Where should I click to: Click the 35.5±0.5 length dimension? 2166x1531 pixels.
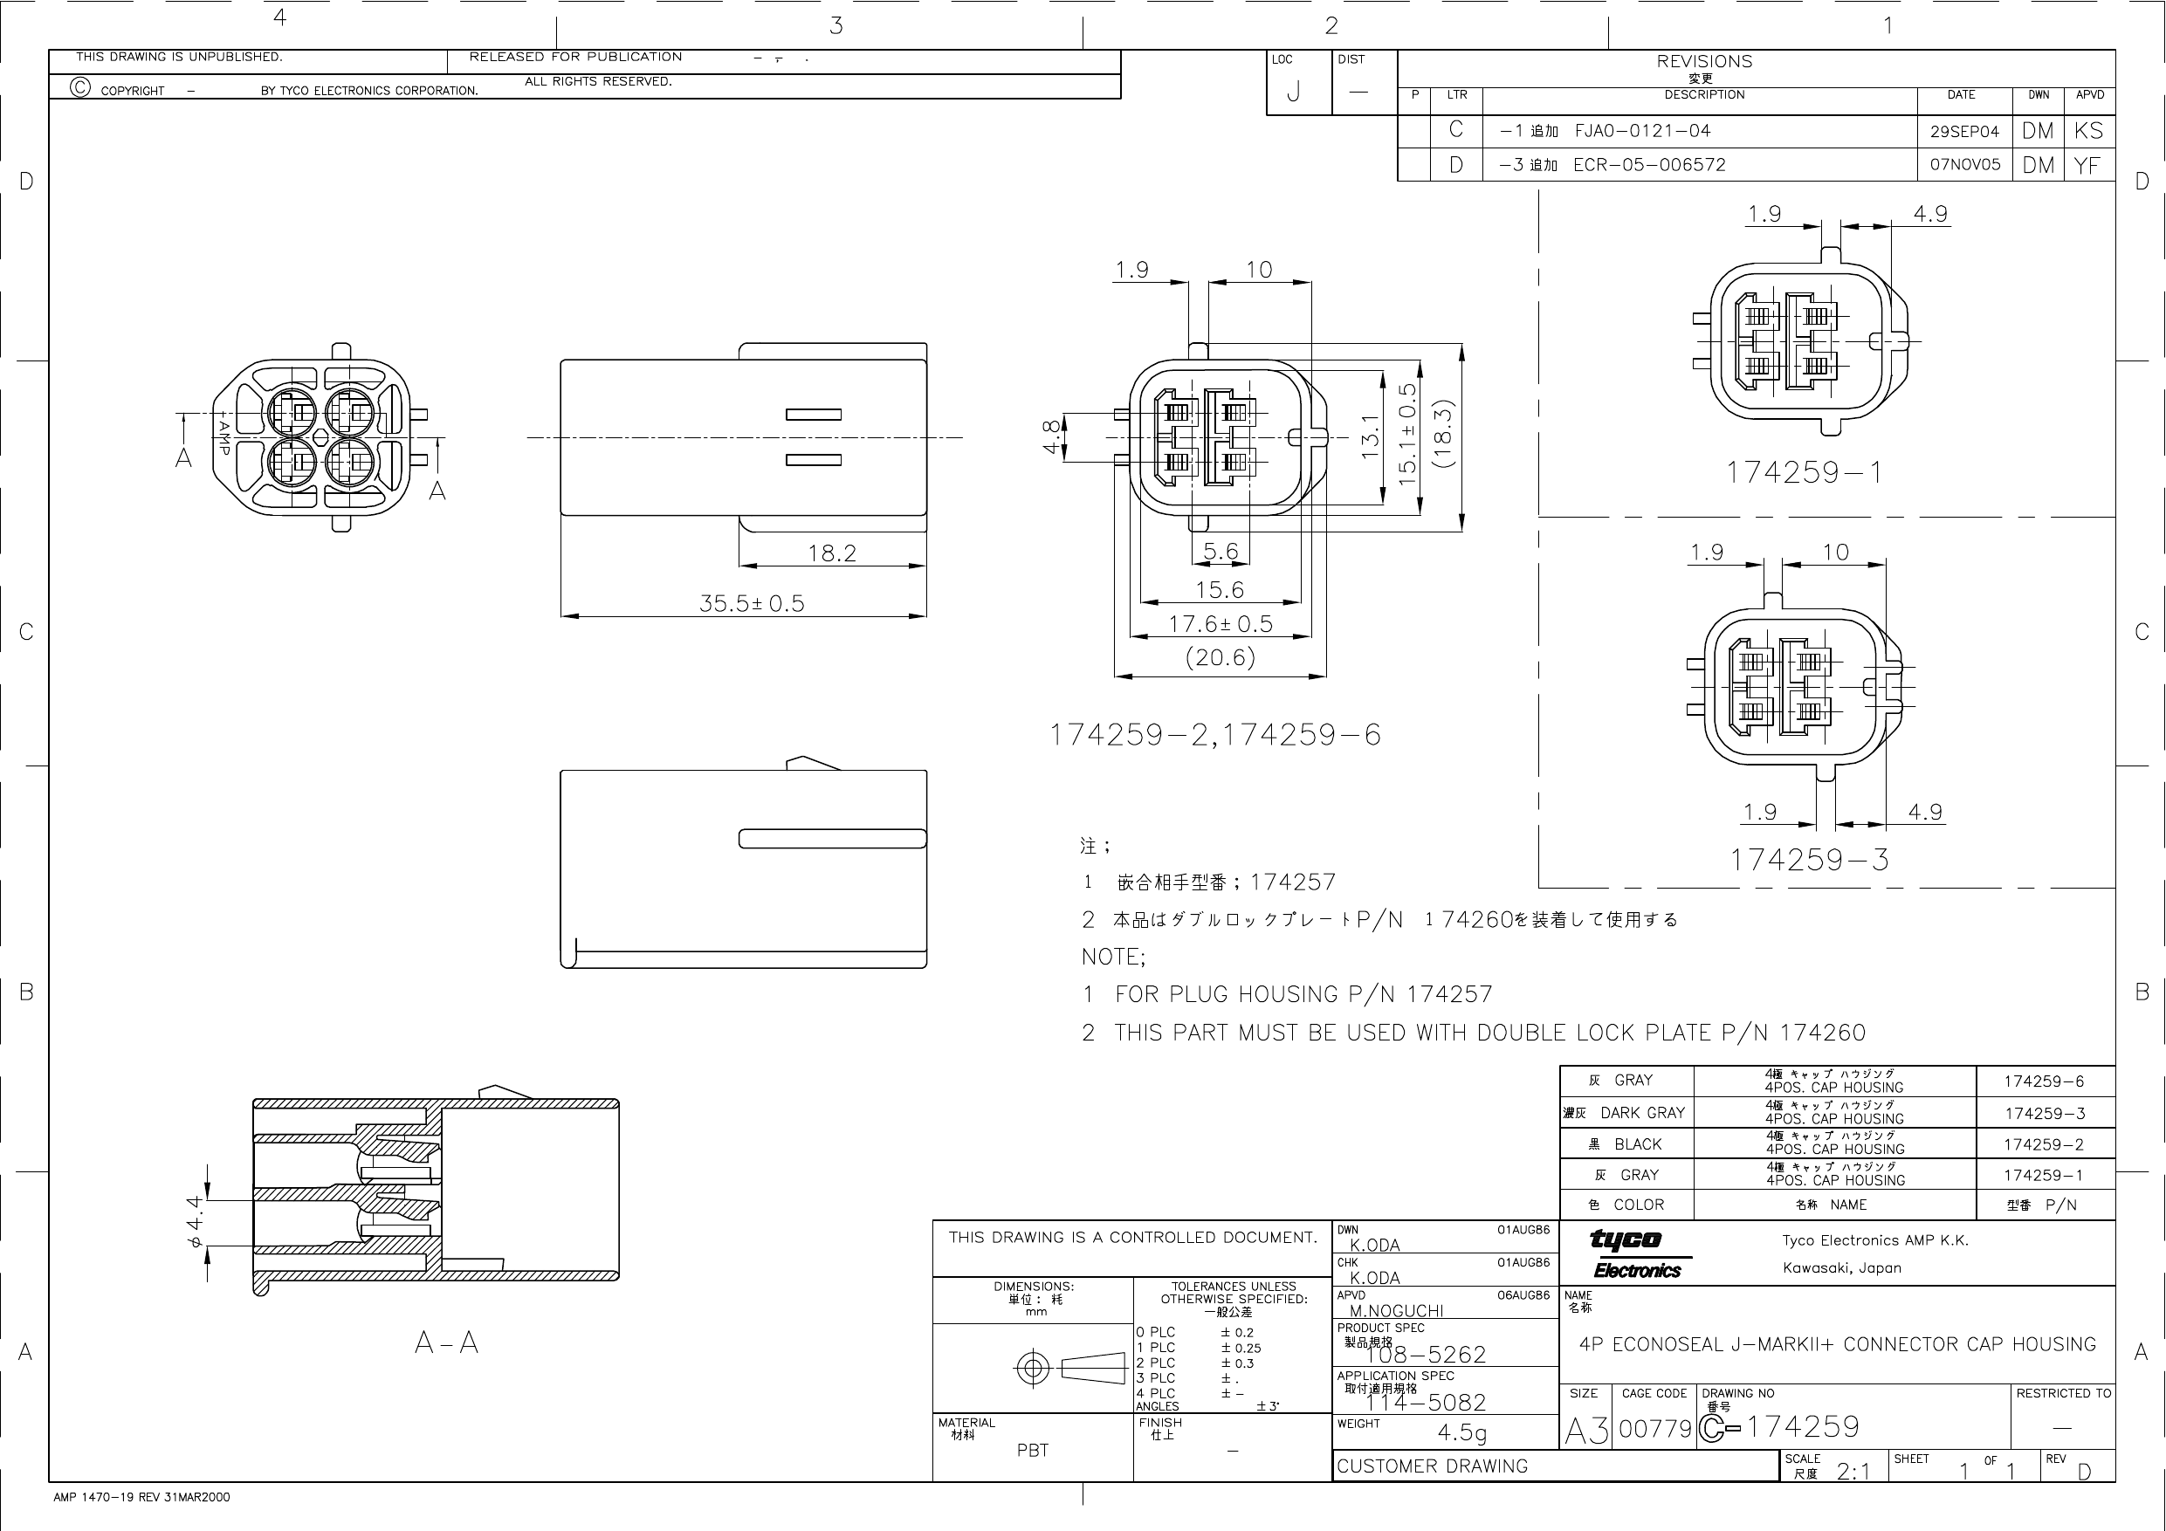[x=751, y=603]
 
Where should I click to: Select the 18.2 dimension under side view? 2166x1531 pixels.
[x=831, y=553]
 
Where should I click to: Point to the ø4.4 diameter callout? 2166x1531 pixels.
[x=196, y=1223]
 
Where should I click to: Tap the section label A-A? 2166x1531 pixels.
[x=446, y=1342]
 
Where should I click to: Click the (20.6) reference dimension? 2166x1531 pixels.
[x=1220, y=657]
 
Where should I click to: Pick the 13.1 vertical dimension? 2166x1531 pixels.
[x=1371, y=436]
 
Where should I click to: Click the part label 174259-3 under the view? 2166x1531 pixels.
[x=1808, y=860]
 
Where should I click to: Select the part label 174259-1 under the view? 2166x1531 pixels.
[x=1804, y=471]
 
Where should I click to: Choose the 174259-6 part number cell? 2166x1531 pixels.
[x=2044, y=1081]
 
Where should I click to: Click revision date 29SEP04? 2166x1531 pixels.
[x=1964, y=131]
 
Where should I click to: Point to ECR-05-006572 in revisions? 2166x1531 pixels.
[x=1648, y=165]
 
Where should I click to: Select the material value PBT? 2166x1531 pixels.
[x=1032, y=1450]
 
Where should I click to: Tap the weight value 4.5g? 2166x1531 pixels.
[x=1461, y=1432]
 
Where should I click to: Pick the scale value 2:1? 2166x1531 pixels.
[x=1853, y=1472]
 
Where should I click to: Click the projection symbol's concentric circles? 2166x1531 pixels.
[x=1032, y=1368]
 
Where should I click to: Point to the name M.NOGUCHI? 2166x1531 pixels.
[x=1396, y=1310]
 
